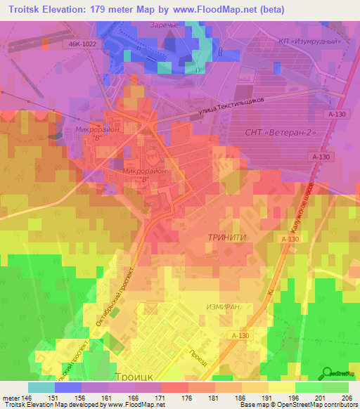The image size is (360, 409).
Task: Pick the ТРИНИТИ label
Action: pos(226,238)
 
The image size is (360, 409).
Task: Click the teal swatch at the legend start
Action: pos(41,387)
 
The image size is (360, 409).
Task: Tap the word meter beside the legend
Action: pos(10,397)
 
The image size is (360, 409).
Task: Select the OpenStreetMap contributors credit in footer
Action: pos(316,405)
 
